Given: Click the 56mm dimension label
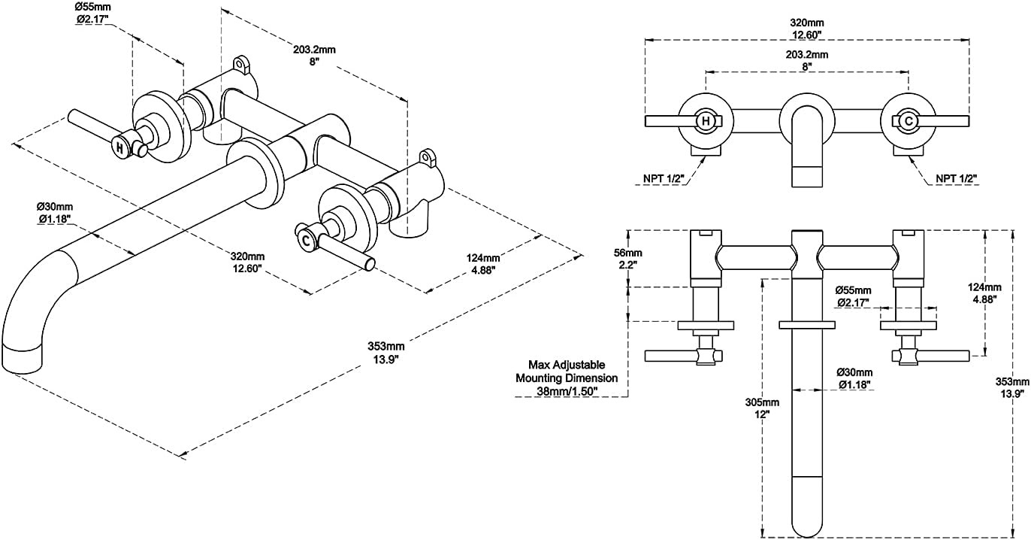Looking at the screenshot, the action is pyautogui.click(x=627, y=253).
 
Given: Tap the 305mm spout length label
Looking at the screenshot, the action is pyautogui.click(x=762, y=402).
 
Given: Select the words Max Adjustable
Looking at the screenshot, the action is pyautogui.click(x=567, y=365).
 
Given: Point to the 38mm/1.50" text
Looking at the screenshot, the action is pyautogui.click(x=567, y=391).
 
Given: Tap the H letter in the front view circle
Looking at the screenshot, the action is pyautogui.click(x=706, y=121).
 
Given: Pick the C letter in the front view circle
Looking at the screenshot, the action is pyautogui.click(x=909, y=121).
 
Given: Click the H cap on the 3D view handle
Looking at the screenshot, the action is pyautogui.click(x=119, y=147).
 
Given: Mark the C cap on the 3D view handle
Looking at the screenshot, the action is pyautogui.click(x=306, y=240).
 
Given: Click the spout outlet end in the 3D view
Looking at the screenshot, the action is pyautogui.click(x=21, y=359).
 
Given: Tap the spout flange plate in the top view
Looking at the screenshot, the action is pyautogui.click(x=807, y=325).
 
